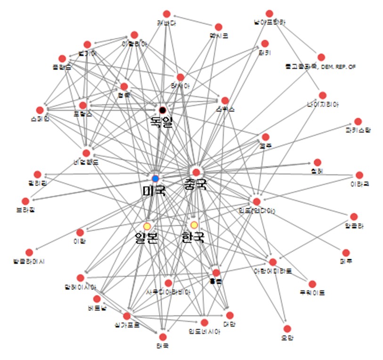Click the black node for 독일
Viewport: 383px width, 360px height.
click(x=163, y=110)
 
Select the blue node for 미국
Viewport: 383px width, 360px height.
click(x=155, y=178)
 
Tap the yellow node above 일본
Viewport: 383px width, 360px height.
click(x=147, y=226)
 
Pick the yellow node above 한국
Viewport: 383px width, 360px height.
click(x=194, y=225)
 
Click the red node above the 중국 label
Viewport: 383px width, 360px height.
click(x=196, y=172)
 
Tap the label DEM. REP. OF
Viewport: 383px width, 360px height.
click(x=338, y=67)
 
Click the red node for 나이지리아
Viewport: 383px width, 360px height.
click(x=323, y=95)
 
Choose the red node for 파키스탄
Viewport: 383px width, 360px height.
click(x=358, y=122)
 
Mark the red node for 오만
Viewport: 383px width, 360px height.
click(x=287, y=328)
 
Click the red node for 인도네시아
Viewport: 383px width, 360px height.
click(x=204, y=322)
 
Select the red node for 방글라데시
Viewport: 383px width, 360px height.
click(x=29, y=253)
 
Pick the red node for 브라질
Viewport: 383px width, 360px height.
click(x=25, y=201)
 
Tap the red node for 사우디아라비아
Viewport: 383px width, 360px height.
click(x=168, y=283)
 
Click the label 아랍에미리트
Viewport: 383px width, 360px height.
click(x=273, y=271)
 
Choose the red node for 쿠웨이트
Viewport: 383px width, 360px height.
click(x=312, y=284)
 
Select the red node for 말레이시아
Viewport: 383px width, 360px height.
click(x=80, y=278)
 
